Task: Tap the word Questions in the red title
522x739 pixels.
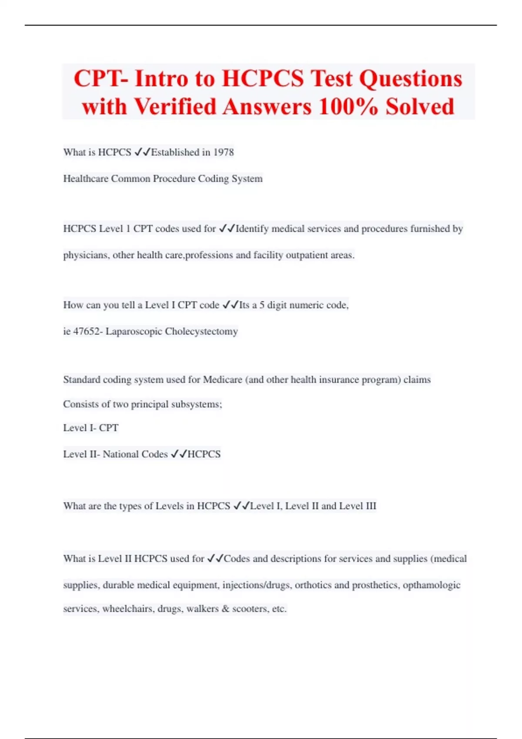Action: (410, 79)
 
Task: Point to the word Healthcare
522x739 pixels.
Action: (86, 179)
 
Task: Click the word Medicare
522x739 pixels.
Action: (222, 380)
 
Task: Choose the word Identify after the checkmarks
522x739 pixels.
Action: (252, 229)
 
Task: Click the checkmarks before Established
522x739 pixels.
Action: (142, 152)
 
